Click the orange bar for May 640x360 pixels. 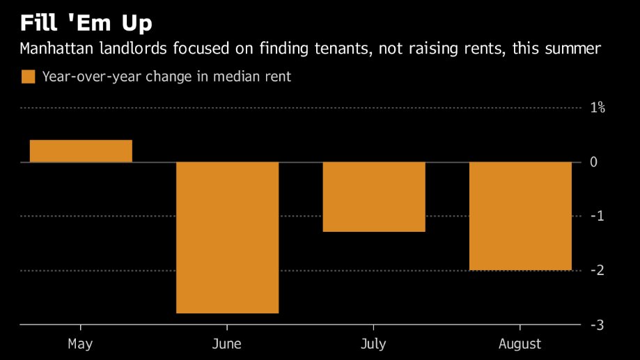click(81, 151)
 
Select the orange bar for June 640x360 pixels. click(227, 237)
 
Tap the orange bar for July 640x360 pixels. click(374, 197)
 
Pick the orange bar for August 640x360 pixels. click(520, 216)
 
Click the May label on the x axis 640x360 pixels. click(81, 344)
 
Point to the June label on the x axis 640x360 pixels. click(227, 344)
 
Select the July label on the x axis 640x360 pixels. click(374, 344)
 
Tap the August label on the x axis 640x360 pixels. click(520, 344)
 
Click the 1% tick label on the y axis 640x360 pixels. click(598, 108)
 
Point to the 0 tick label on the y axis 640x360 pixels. click(594, 162)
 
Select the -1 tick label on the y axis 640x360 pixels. click(596, 217)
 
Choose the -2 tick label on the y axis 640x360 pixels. click(596, 271)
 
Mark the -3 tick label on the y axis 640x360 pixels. click(596, 325)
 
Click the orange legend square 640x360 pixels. click(28, 77)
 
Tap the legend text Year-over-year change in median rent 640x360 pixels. click(166, 77)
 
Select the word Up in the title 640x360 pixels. click(136, 23)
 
